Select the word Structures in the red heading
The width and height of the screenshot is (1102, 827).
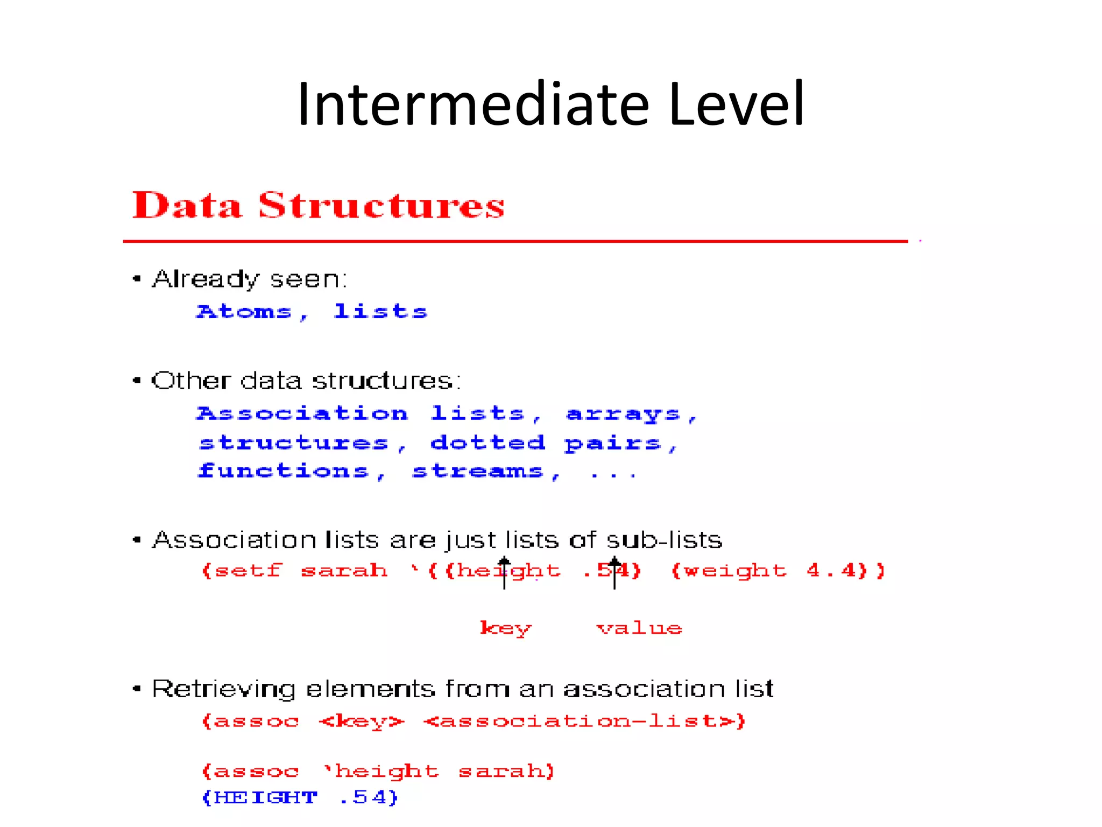[381, 206]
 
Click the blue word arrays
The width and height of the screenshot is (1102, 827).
[623, 413]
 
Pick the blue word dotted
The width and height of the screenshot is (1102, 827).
[488, 443]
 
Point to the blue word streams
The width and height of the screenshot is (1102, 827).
[478, 471]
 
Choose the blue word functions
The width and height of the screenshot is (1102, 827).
[284, 471]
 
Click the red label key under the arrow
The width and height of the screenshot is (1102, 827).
[505, 628]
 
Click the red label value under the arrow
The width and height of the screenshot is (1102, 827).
[639, 628]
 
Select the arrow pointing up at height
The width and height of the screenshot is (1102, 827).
[504, 573]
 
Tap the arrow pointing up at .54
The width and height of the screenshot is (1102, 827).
[614, 573]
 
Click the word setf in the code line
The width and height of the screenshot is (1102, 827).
[248, 570]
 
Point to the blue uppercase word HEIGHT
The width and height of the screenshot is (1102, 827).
[266, 797]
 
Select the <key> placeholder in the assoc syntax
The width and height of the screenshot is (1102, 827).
[361, 721]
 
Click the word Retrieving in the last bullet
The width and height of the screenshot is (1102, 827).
[223, 690]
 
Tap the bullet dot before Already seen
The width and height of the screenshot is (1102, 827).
[137, 279]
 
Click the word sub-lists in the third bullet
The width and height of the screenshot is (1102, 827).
[664, 540]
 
